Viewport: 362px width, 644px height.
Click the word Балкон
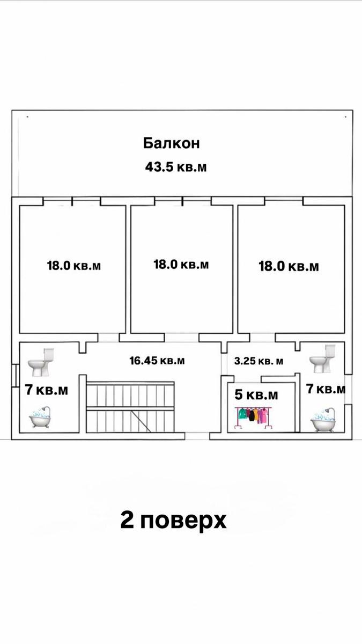click(171, 143)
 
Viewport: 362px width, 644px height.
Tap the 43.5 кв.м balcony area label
click(176, 167)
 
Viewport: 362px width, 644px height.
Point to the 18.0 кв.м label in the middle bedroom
click(181, 264)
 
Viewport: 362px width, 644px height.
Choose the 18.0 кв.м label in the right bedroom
click(289, 266)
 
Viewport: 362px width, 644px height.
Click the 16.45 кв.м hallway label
click(157, 361)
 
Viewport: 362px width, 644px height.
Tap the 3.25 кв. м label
click(259, 361)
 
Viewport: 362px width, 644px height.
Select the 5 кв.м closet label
click(257, 396)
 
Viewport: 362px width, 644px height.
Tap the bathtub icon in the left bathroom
click(40, 417)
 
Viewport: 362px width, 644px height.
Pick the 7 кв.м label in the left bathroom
click(47, 390)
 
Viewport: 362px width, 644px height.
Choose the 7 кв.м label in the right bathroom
click(325, 389)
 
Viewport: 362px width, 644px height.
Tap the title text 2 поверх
click(173, 521)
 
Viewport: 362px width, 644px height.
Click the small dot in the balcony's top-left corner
click(26, 115)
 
